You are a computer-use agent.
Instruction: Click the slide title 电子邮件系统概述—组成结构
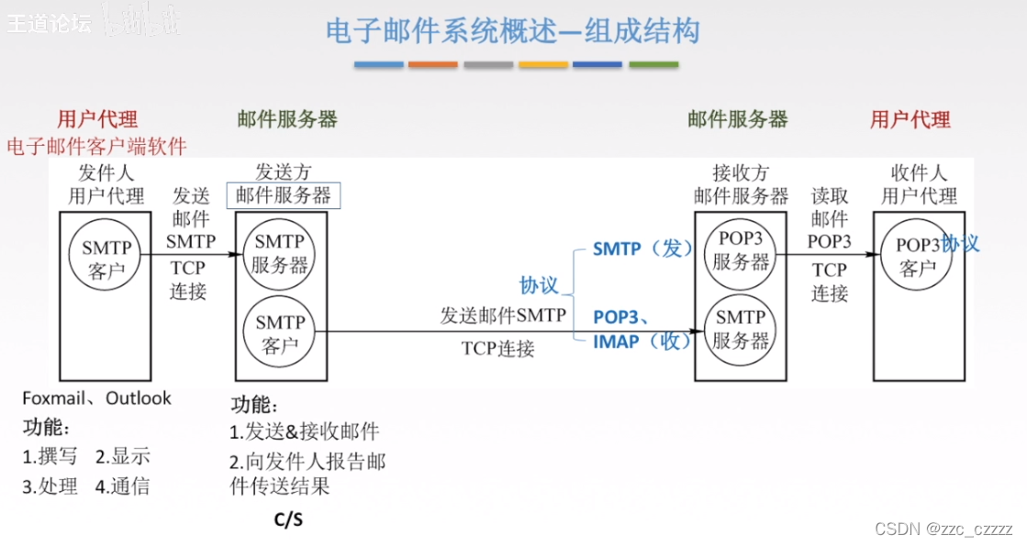pos(513,31)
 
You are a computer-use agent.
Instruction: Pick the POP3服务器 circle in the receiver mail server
pos(741,249)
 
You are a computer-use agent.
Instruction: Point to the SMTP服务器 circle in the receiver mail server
pos(741,329)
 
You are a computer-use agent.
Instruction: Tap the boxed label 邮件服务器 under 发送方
pos(284,195)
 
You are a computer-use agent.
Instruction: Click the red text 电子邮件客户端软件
pos(97,146)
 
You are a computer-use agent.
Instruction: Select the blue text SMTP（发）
pos(642,249)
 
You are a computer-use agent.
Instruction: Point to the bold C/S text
pos(288,519)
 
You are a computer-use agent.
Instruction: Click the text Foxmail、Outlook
pos(97,398)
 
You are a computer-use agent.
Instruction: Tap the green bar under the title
pos(653,65)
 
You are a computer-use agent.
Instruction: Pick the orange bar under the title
pos(433,65)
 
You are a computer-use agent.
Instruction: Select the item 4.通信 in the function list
pos(122,486)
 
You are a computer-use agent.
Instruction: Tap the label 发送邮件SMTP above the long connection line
pos(503,316)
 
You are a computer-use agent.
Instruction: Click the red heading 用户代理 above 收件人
pos(910,119)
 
